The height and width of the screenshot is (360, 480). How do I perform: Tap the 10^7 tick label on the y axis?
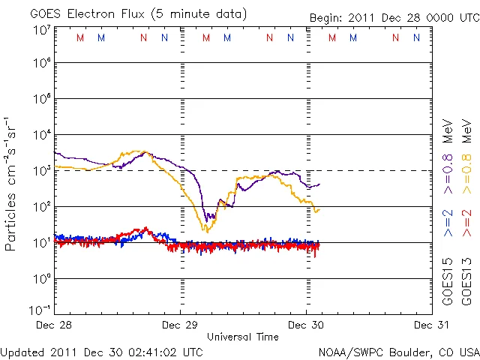(x=41, y=30)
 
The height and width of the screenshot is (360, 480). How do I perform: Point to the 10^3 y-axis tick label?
(x=41, y=170)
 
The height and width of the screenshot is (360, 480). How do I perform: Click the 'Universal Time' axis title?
(x=243, y=337)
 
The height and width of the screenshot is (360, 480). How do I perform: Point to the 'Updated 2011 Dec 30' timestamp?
(x=101, y=351)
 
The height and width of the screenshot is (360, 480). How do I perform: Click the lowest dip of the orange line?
(x=206, y=231)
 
